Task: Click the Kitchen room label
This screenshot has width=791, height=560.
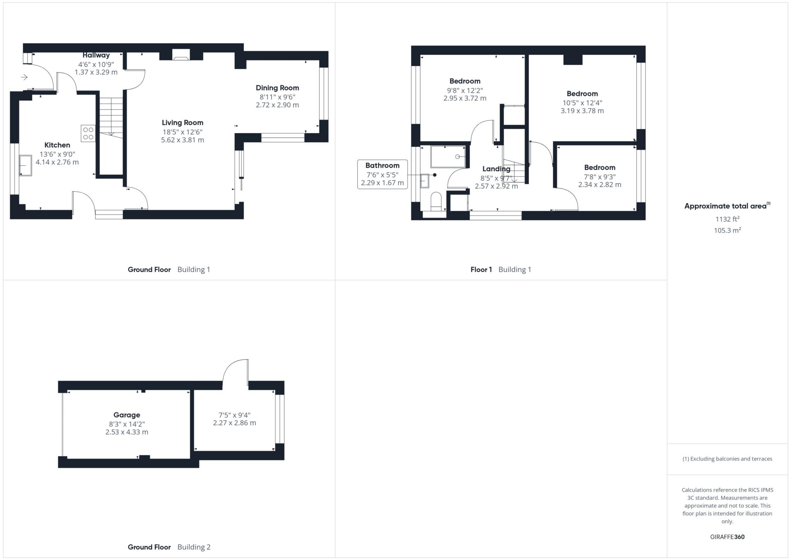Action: click(x=57, y=145)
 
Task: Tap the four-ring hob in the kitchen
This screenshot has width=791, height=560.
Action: click(x=88, y=133)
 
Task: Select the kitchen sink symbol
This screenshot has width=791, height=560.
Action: click(x=25, y=165)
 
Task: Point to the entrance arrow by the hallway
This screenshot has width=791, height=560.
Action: click(x=24, y=77)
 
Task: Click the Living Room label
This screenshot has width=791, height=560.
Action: click(x=182, y=123)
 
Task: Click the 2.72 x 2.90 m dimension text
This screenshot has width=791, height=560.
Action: click(x=277, y=105)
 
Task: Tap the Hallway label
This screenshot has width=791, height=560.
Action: click(x=96, y=55)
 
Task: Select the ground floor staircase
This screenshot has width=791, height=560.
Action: click(x=111, y=116)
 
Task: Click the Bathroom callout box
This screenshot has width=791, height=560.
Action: click(x=382, y=174)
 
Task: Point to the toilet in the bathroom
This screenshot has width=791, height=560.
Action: click(x=436, y=201)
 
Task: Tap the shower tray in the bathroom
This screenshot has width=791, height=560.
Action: click(x=448, y=157)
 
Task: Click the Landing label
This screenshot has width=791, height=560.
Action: click(x=496, y=169)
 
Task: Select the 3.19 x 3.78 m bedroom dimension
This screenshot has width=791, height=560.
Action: click(x=582, y=111)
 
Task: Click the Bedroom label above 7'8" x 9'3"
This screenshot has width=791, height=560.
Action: click(x=599, y=167)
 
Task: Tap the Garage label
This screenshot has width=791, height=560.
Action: click(x=127, y=415)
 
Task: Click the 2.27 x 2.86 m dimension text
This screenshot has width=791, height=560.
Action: click(x=234, y=423)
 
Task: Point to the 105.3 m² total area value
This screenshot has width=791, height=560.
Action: click(x=727, y=230)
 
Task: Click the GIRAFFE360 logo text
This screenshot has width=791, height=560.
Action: click(x=727, y=537)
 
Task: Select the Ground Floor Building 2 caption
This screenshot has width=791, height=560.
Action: click(x=169, y=547)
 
